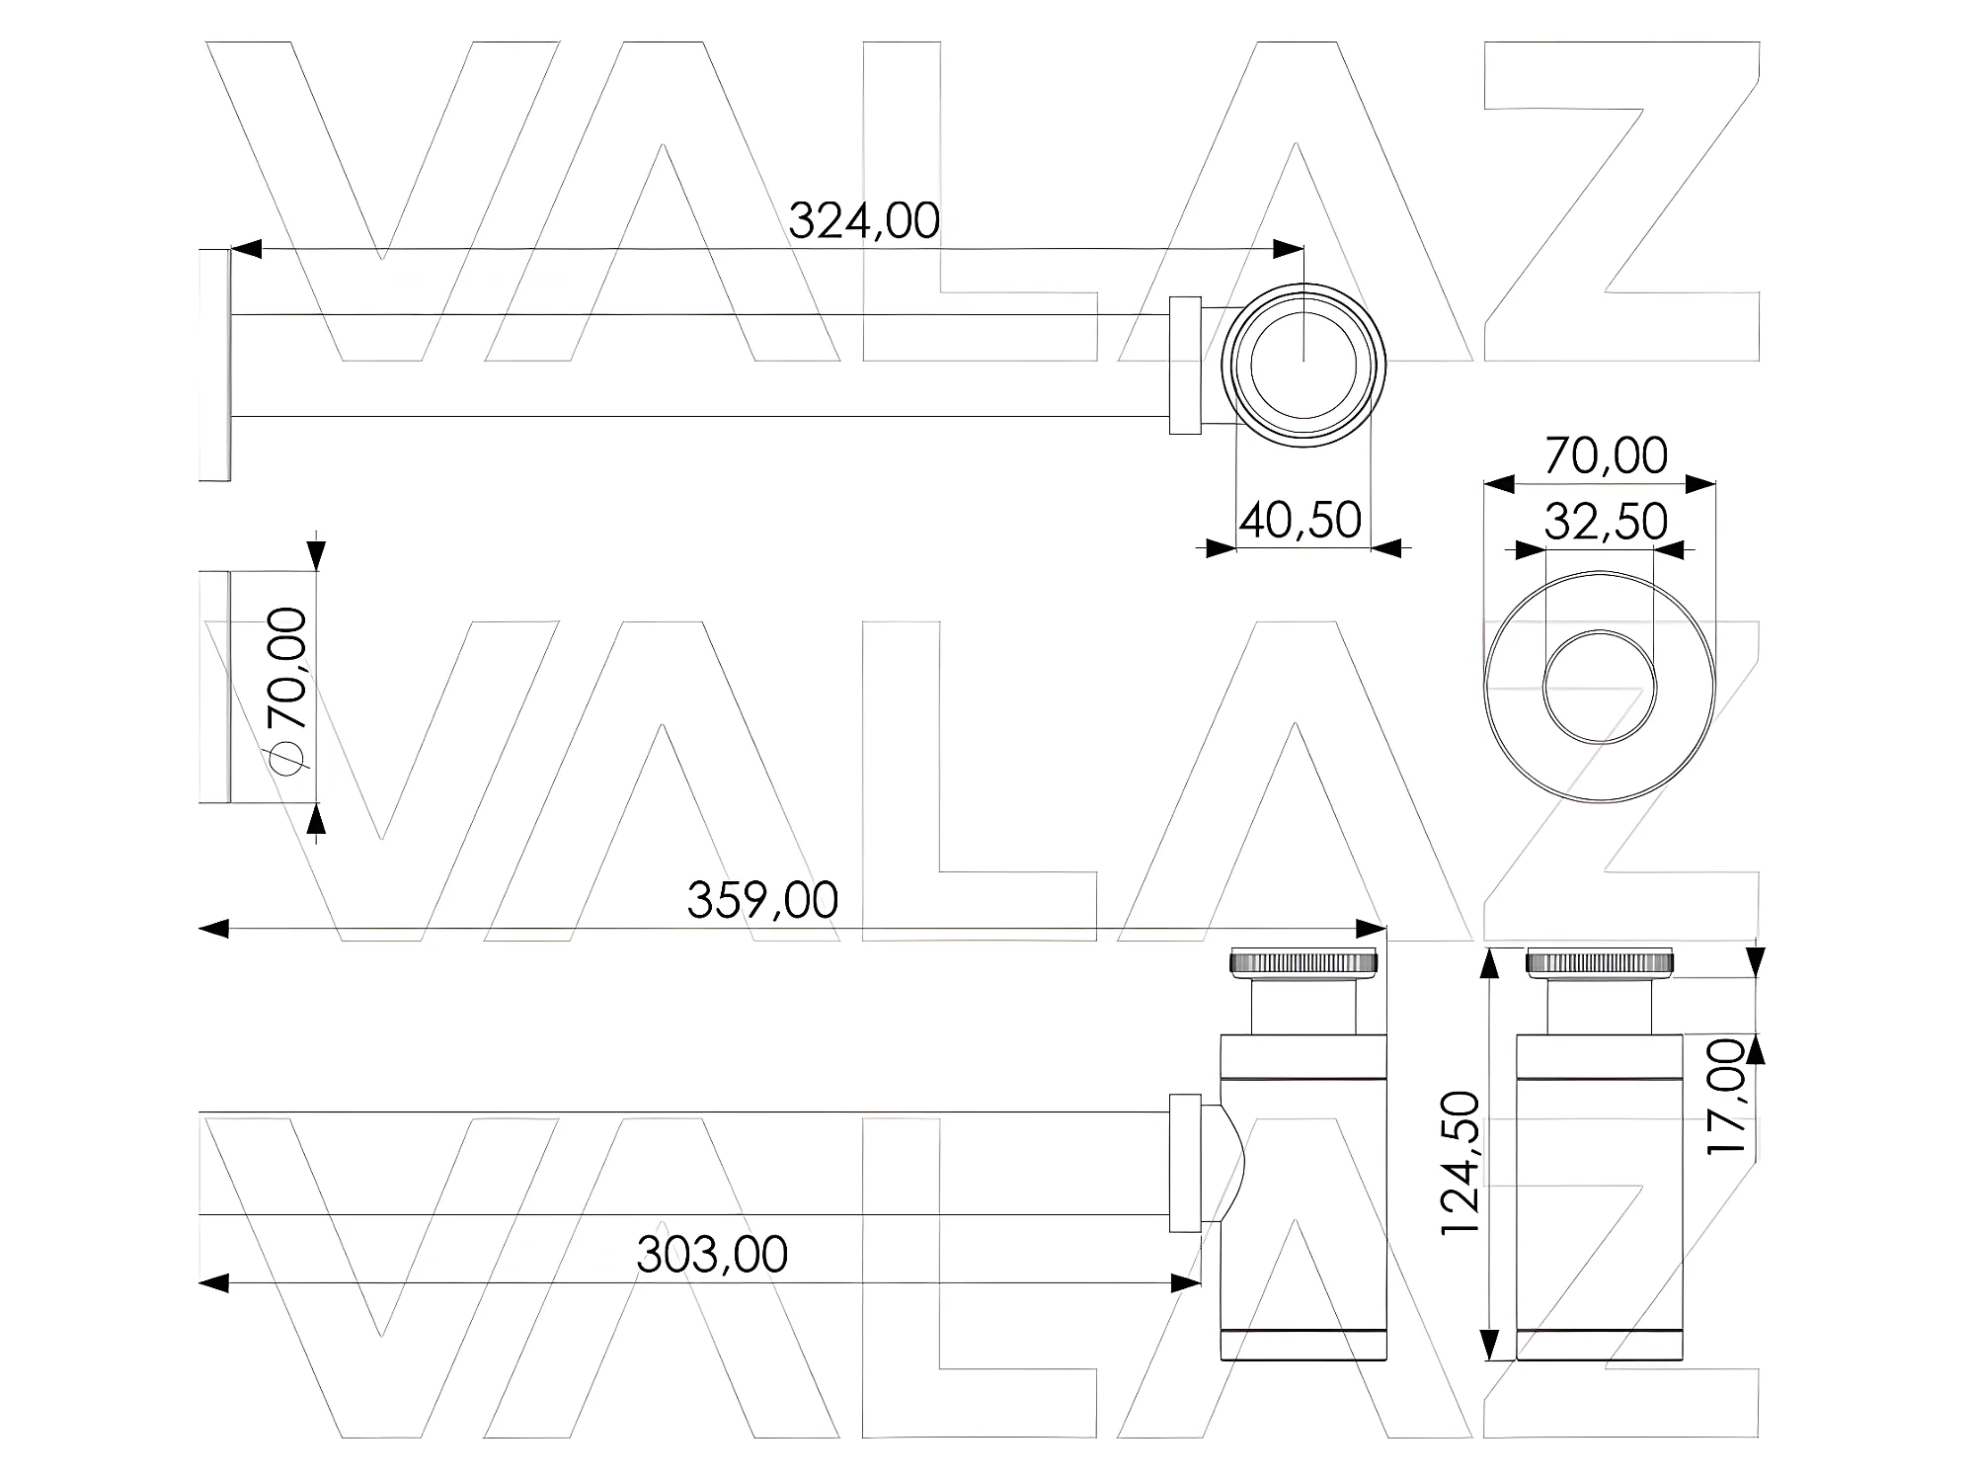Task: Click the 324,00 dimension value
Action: pos(864,220)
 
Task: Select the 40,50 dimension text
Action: pos(1301,520)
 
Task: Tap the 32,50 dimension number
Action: pos(1606,521)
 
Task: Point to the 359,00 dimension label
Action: pos(762,900)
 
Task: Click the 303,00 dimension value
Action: pos(712,1255)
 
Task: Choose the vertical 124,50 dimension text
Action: pos(1460,1162)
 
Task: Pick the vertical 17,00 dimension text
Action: pos(1727,1096)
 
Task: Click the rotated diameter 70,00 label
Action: pos(287,668)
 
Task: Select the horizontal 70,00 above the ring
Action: pos(1606,455)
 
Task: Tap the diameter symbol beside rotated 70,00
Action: pos(287,756)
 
